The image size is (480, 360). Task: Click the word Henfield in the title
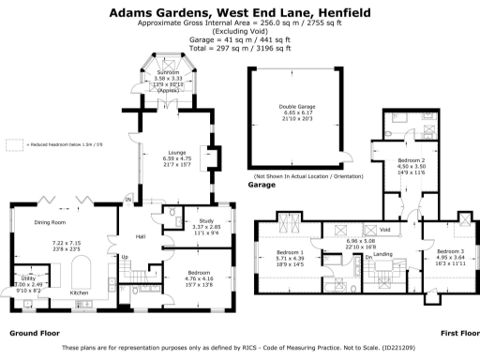341,13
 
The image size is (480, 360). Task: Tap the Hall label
142,235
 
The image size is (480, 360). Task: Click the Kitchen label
80,292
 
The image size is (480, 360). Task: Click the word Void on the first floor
383,230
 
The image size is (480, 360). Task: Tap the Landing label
382,254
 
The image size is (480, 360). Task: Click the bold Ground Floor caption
35,334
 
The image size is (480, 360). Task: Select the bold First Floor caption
458,334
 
